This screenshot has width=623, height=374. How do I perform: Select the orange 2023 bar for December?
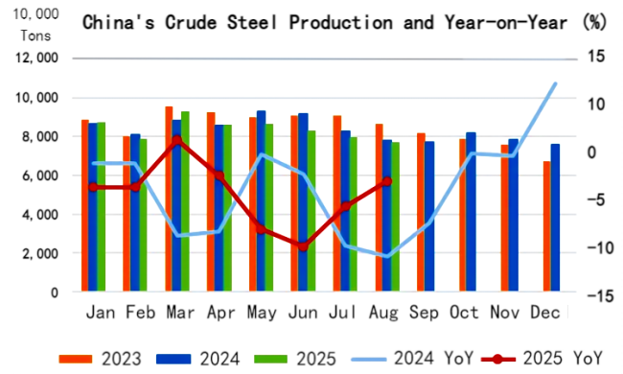point(546,226)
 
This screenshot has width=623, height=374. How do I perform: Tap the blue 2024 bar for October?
point(471,212)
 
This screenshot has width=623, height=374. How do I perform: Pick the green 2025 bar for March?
point(186,201)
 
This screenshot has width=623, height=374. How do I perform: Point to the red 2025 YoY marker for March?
point(176,140)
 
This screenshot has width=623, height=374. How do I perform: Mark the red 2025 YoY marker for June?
point(302,246)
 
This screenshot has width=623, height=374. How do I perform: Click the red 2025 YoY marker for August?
point(386,180)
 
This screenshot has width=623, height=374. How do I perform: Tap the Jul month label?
point(344,313)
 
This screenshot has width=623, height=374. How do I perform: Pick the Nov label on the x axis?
point(512,313)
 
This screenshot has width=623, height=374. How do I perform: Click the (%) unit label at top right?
point(594,21)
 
